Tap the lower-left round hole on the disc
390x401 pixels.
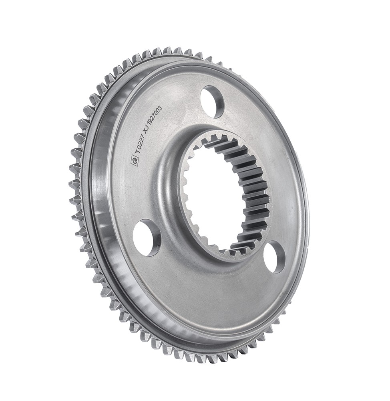coord(147,237)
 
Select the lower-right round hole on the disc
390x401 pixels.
coord(275,257)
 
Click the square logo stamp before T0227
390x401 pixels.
coord(134,160)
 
